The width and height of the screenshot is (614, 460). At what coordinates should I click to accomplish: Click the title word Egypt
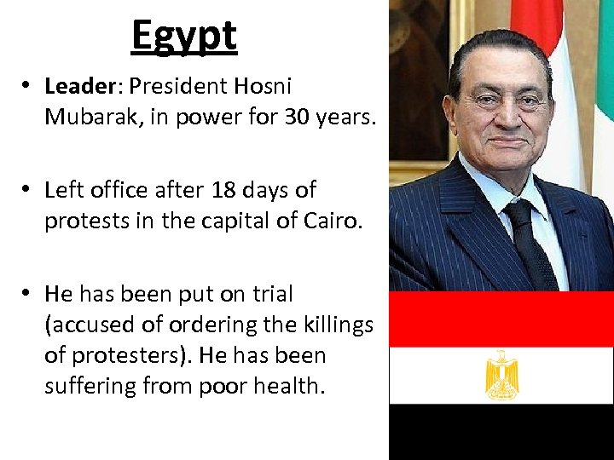[x=183, y=35]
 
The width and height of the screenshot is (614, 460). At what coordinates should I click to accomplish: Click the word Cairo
[x=332, y=221]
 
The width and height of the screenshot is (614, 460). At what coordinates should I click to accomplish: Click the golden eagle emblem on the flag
[x=501, y=375]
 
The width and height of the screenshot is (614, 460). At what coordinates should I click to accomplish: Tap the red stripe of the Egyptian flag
[x=501, y=319]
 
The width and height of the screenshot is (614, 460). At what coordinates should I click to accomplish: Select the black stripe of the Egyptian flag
[x=501, y=431]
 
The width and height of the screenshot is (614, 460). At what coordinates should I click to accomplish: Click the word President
[x=179, y=86]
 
